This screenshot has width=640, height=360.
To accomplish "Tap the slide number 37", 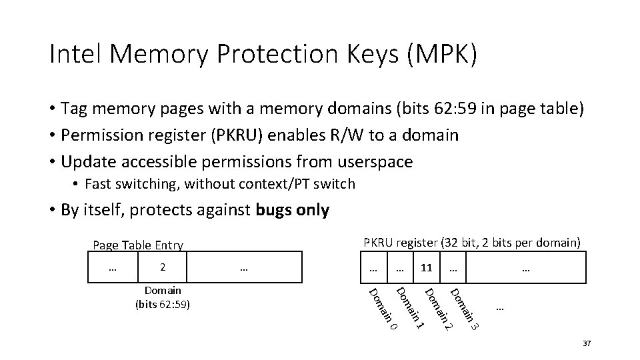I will click(x=586, y=343).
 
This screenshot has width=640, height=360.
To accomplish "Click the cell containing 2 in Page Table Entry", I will click(x=163, y=267).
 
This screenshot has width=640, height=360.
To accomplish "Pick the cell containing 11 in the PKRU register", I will click(x=427, y=267).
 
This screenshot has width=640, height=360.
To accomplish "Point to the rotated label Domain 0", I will click(x=383, y=309).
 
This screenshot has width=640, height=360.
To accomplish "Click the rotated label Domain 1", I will click(x=409, y=308).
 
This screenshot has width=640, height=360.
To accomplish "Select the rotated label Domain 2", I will click(x=439, y=308).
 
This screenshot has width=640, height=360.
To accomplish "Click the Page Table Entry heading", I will click(x=137, y=245).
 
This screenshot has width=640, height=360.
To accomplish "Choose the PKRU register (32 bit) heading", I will click(x=472, y=241).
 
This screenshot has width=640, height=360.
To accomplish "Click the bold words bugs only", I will click(x=292, y=210).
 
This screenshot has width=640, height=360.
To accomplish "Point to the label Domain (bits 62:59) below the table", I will click(x=163, y=298).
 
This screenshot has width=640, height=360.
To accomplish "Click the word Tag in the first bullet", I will click(x=73, y=108).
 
